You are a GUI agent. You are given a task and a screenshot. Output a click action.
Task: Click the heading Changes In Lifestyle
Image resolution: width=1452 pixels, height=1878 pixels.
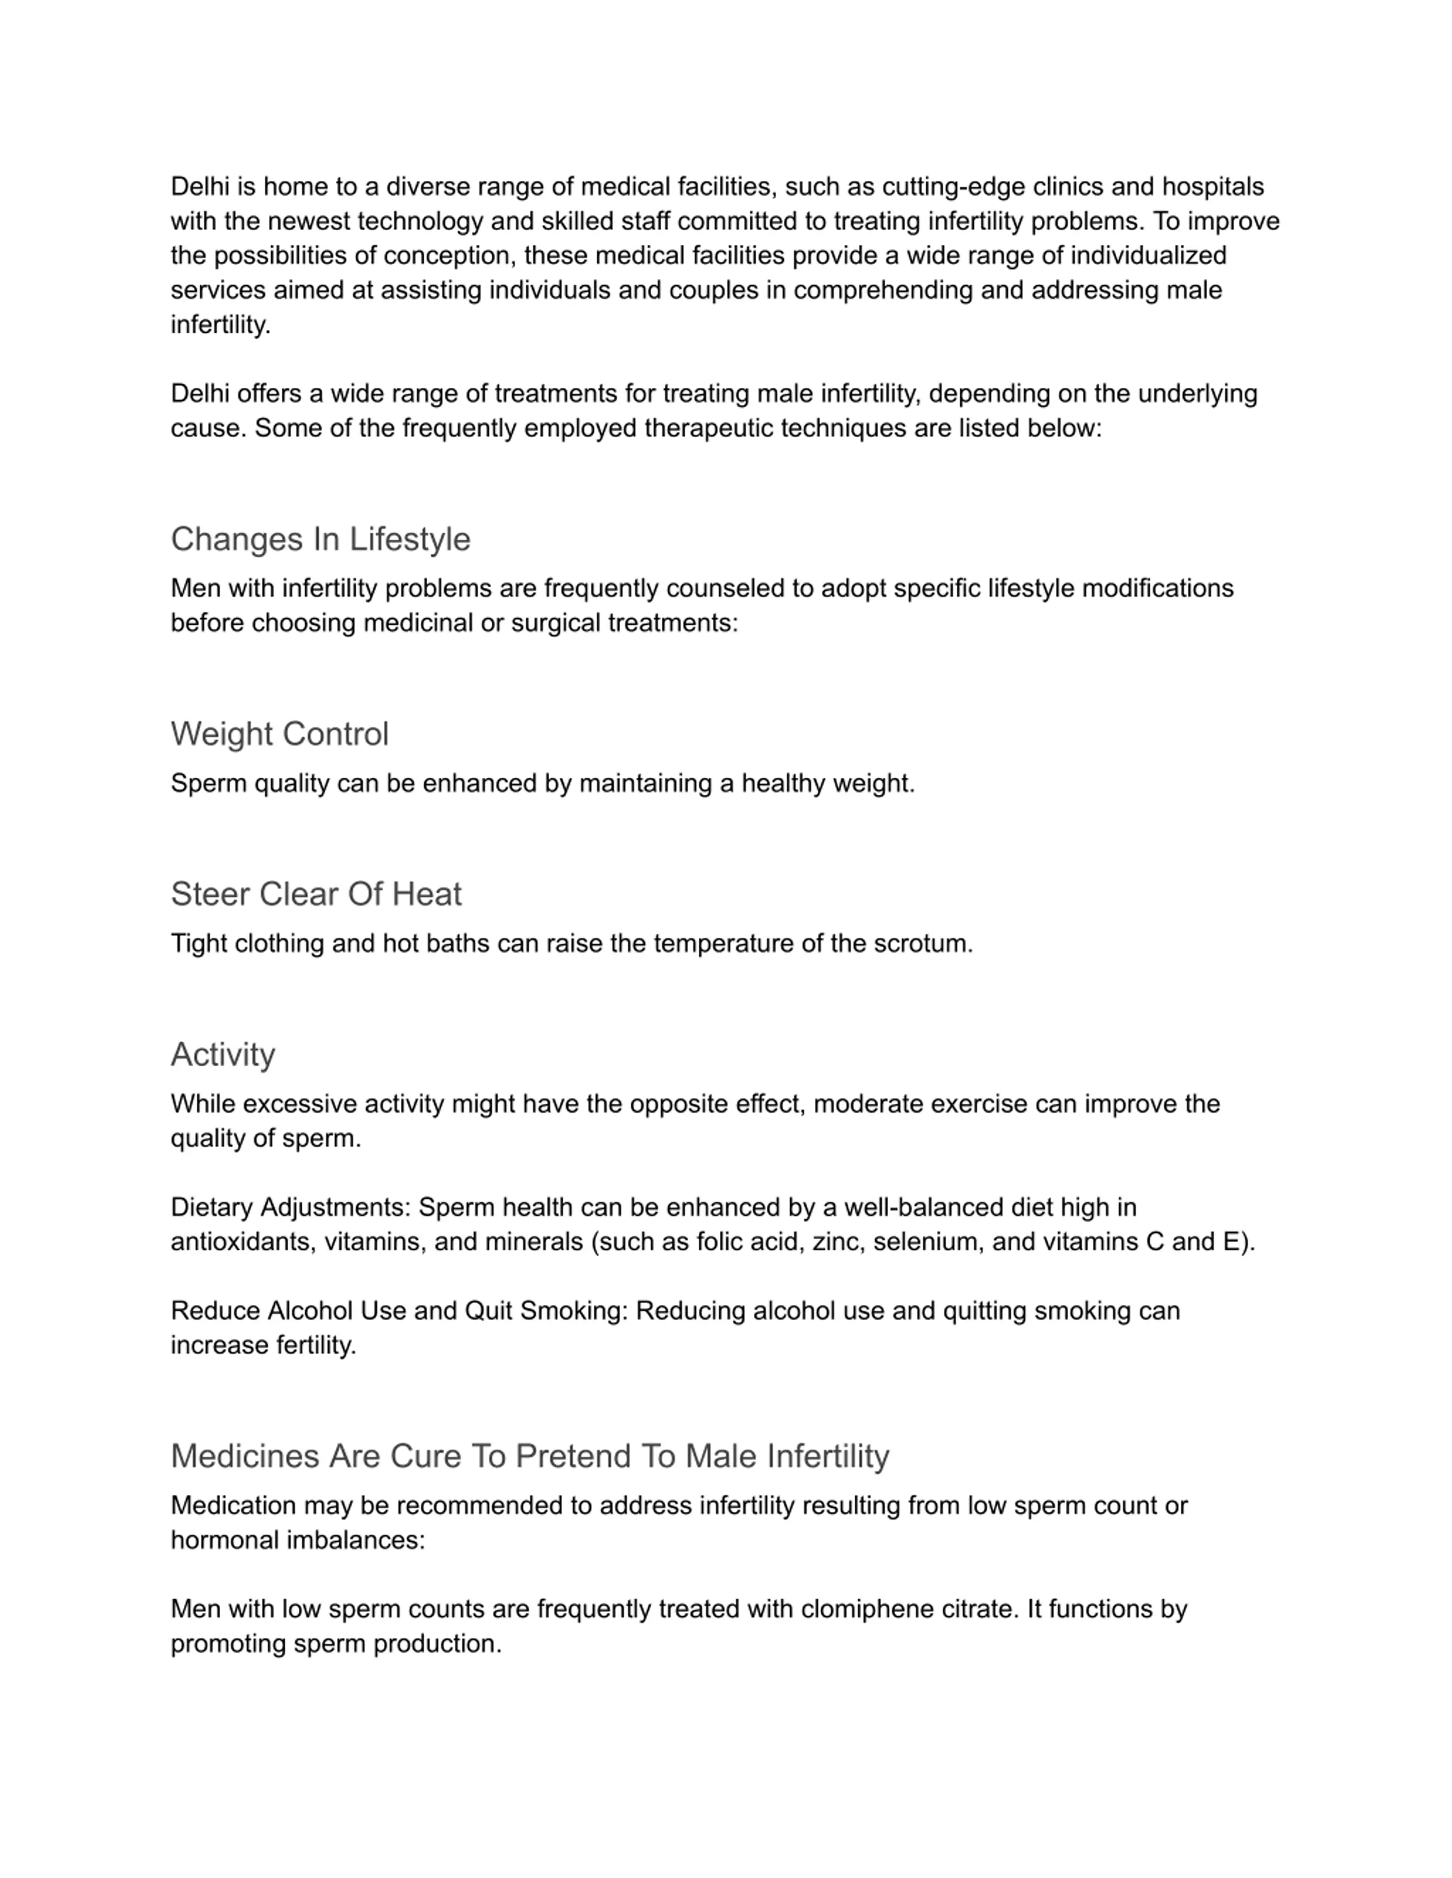pos(320,539)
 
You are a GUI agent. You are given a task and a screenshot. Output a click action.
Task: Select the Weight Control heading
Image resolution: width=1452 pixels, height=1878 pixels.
pos(280,734)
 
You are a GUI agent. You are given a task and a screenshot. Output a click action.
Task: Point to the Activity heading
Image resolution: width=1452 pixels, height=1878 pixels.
pos(223,1054)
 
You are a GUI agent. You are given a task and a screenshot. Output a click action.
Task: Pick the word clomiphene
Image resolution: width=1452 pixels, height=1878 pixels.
pos(867,1609)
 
